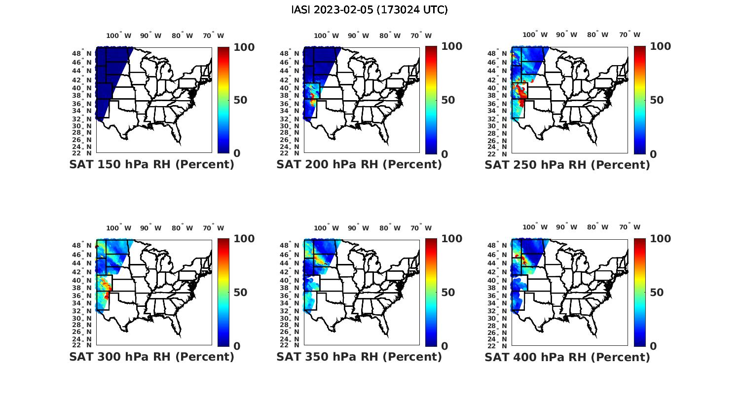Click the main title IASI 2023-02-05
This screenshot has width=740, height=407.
370,10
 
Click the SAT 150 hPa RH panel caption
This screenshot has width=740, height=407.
151,165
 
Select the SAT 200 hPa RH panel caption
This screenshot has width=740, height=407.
359,165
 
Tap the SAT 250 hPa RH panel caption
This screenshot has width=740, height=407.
567,165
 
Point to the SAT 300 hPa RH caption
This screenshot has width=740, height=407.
151,357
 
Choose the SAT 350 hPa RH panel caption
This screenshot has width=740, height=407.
359,357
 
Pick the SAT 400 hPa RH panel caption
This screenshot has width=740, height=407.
567,357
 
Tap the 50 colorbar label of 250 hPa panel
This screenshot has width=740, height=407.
656,100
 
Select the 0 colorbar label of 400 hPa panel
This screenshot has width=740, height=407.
653,346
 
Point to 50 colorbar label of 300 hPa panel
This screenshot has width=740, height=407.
240,293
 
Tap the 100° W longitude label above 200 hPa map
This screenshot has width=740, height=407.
326,36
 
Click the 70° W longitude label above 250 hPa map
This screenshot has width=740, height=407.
629,35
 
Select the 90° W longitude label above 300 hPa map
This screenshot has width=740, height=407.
150,228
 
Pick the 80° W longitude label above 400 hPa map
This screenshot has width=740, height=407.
597,227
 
